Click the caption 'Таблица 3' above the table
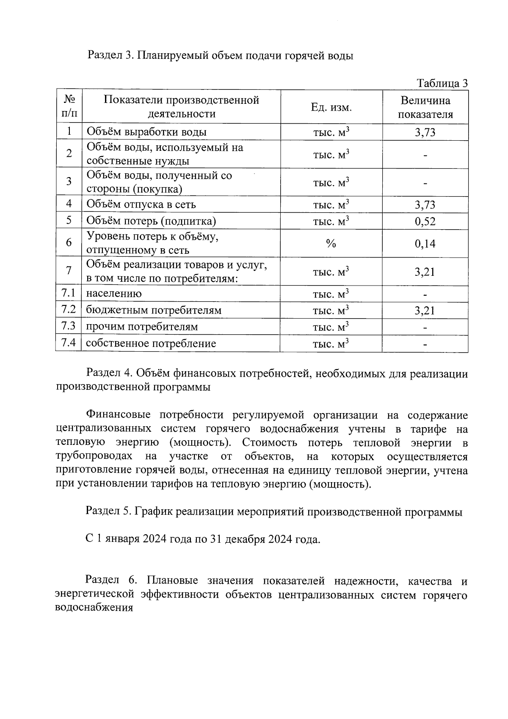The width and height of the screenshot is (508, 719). pyautogui.click(x=442, y=83)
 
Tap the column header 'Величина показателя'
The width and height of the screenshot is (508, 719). pyautogui.click(x=425, y=108)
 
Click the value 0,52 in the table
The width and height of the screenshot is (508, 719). pyautogui.click(x=425, y=221)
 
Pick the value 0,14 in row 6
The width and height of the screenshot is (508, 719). pyautogui.click(x=425, y=244)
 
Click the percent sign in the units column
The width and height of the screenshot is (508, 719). pyautogui.click(x=331, y=244)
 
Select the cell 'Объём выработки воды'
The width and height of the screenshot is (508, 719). pyautogui.click(x=146, y=132)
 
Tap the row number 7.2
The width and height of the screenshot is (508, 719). pyautogui.click(x=69, y=310)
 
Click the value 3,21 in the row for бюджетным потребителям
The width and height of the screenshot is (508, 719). pyautogui.click(x=425, y=311)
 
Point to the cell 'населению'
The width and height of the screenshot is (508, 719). pyautogui.click(x=114, y=294)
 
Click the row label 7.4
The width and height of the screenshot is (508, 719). pyautogui.click(x=69, y=343)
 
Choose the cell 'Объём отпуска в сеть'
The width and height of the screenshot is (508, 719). pyautogui.click(x=141, y=205)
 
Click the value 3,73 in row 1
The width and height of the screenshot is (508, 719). pyautogui.click(x=425, y=133)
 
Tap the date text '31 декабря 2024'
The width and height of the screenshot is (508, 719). pyautogui.click(x=248, y=539)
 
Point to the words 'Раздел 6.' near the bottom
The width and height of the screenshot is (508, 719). pyautogui.click(x=109, y=580)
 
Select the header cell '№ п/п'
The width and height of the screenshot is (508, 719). pyautogui.click(x=69, y=107)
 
